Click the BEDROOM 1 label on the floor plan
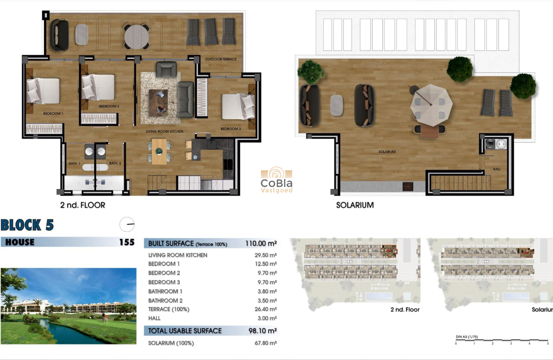point(53,114)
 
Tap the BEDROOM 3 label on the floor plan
point(231,129)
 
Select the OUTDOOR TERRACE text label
point(220,59)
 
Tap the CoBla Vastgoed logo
point(276,180)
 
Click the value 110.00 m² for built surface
point(261,243)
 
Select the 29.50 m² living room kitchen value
point(266,255)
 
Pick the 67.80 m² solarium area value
point(266,343)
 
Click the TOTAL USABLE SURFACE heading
point(185,331)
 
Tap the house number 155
point(126,242)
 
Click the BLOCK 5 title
point(27,225)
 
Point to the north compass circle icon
point(127,224)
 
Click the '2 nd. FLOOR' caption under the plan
point(83,205)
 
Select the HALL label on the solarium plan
point(497,169)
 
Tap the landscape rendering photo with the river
point(68,306)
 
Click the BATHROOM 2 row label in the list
point(165,300)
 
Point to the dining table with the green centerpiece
point(159,151)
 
